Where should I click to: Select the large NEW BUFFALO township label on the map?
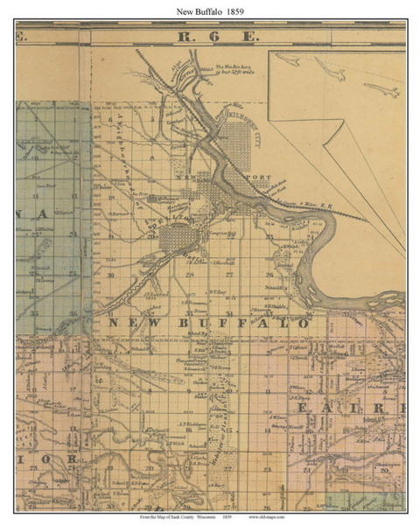[x=208, y=323]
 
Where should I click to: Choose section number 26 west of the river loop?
[x=269, y=274]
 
